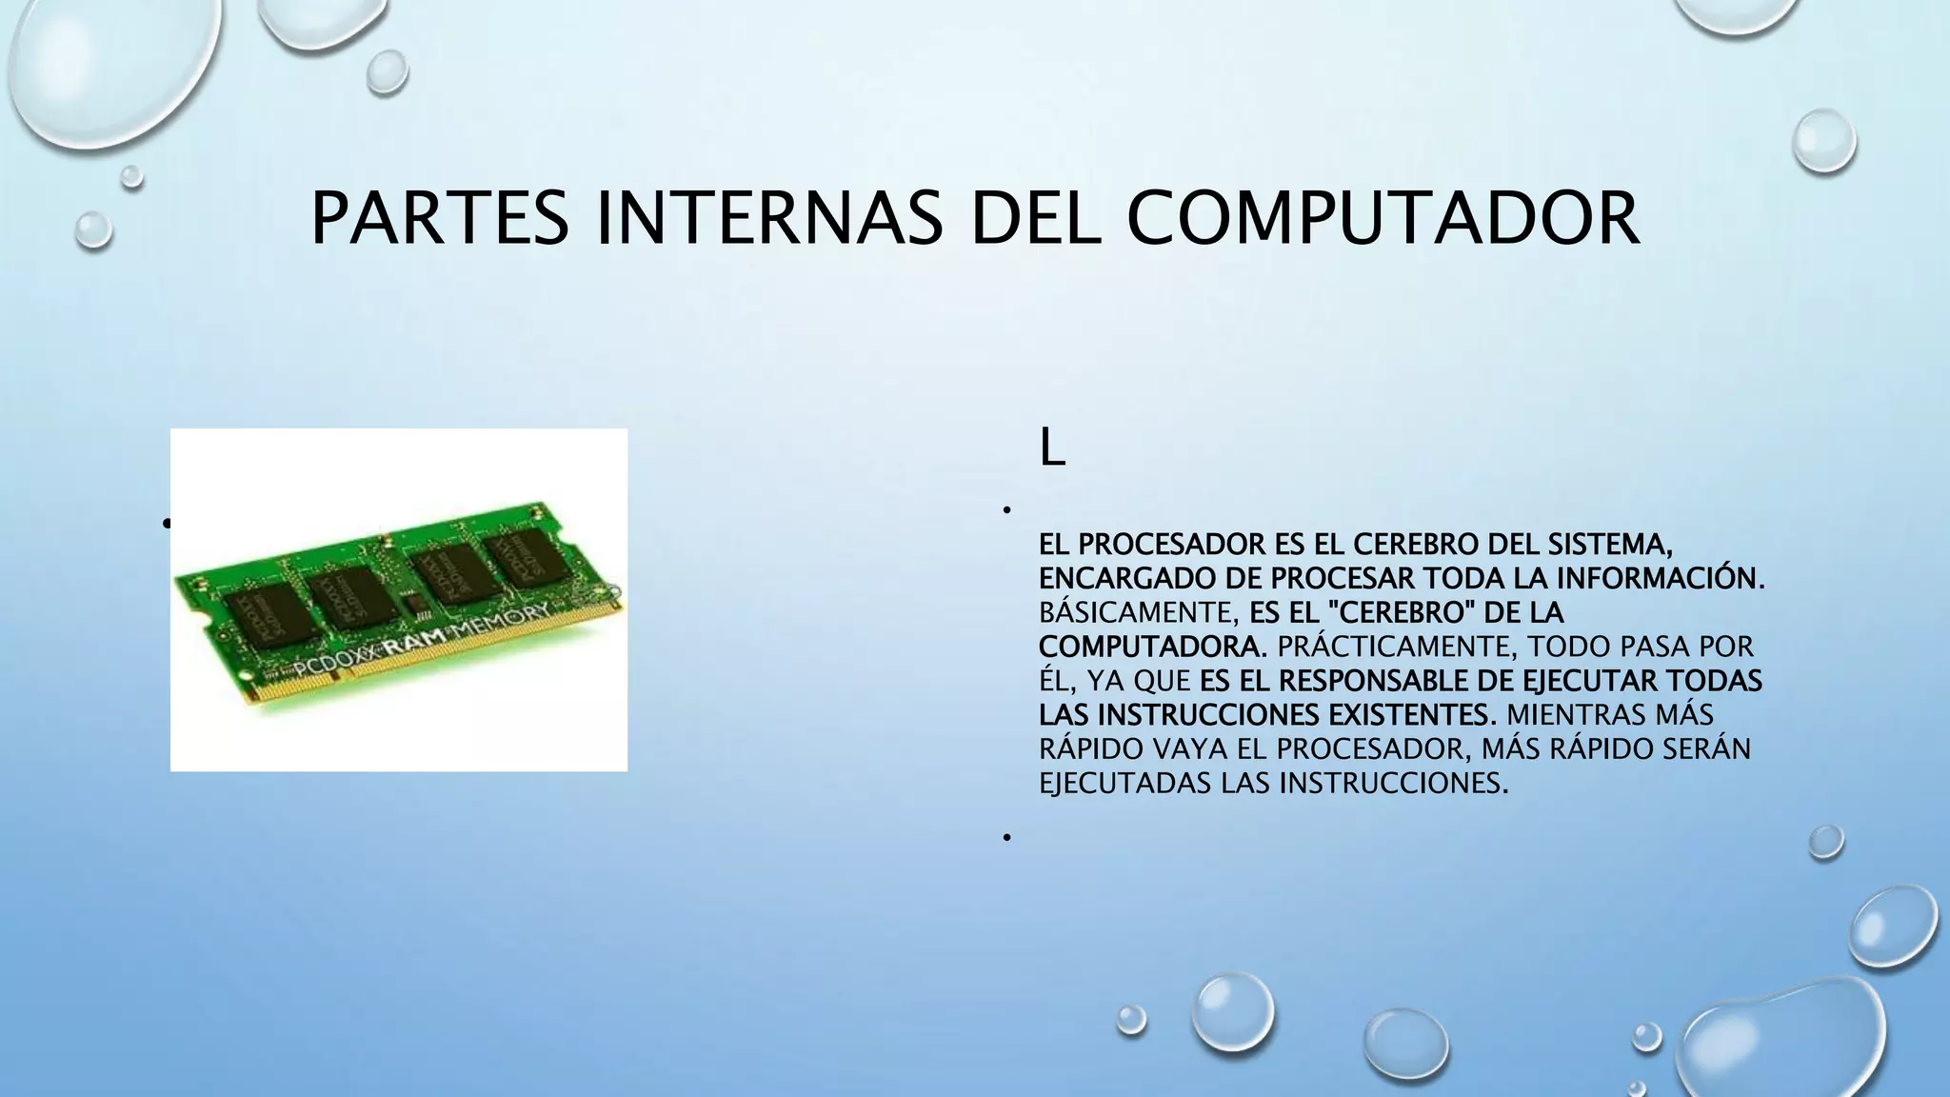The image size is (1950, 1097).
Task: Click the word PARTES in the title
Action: [440, 218]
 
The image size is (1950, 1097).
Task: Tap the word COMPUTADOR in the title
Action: [1383, 218]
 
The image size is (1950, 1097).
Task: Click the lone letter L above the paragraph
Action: [1051, 449]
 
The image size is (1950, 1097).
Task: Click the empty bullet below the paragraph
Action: [1005, 837]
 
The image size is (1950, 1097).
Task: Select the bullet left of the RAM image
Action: [166, 523]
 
